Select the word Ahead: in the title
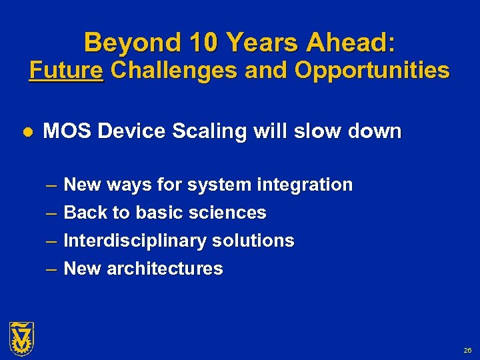click(x=350, y=43)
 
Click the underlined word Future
click(x=67, y=71)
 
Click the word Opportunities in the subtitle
click(x=371, y=71)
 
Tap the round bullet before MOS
click(x=27, y=132)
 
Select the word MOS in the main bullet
click(x=67, y=131)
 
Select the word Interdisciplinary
click(x=132, y=241)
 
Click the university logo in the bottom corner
click(x=21, y=337)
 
